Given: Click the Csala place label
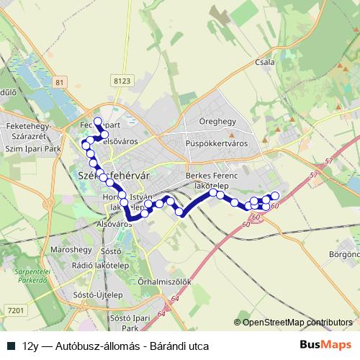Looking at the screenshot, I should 265,62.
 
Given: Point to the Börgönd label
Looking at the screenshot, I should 345,254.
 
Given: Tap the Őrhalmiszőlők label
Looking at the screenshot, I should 164,282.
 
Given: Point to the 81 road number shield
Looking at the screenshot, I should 59,82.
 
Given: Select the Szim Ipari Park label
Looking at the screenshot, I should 32,147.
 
